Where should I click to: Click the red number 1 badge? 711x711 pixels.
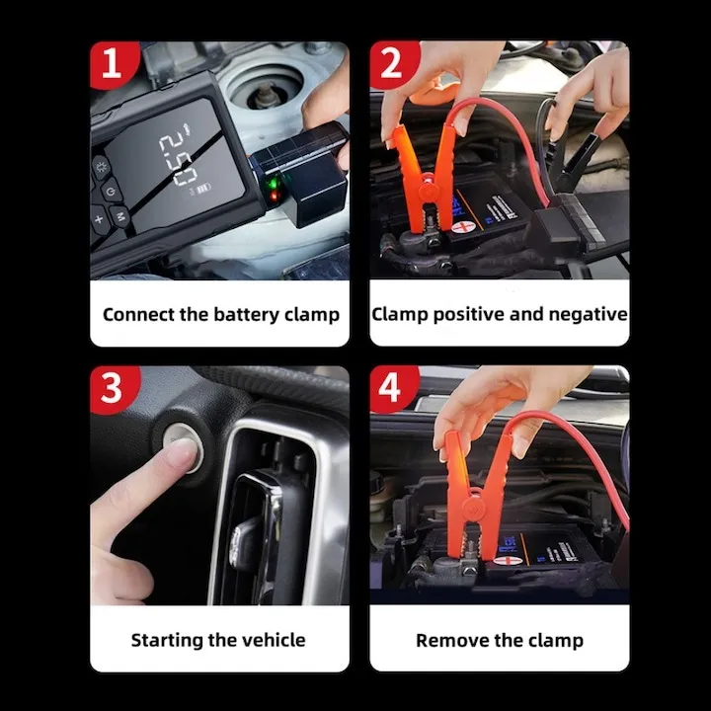point(111,64)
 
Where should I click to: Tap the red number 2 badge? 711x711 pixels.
point(390,64)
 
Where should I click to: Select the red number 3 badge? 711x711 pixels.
point(111,388)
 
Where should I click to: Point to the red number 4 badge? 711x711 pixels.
point(390,388)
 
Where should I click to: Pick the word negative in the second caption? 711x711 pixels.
point(589,314)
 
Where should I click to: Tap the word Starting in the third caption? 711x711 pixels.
point(167,640)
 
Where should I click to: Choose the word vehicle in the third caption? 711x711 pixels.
point(270,640)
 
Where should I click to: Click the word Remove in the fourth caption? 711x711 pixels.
point(450,640)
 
